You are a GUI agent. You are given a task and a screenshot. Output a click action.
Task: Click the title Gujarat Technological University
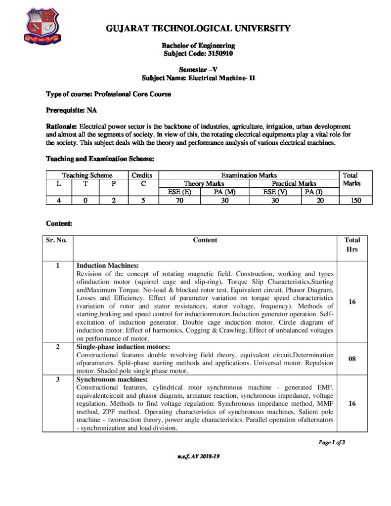pyautogui.click(x=199, y=28)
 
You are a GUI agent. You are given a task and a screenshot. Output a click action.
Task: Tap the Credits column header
pyautogui.click(x=142, y=175)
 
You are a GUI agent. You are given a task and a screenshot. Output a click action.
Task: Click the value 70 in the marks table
pyautogui.click(x=179, y=200)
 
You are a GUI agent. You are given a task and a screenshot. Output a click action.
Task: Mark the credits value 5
pyautogui.click(x=142, y=200)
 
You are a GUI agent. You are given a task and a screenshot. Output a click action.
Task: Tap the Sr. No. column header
pyautogui.click(x=58, y=240)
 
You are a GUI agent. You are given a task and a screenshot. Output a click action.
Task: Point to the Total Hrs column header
pyautogui.click(x=352, y=245)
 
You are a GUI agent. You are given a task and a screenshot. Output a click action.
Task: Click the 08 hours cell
pyautogui.click(x=352, y=359)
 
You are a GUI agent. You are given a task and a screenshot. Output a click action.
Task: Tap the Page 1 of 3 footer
pyautogui.click(x=331, y=442)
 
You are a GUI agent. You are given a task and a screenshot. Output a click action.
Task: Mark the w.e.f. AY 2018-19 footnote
pyautogui.click(x=198, y=457)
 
